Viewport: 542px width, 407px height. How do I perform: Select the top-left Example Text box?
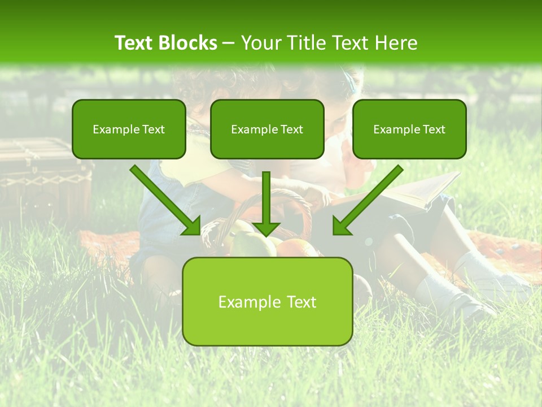click(129, 129)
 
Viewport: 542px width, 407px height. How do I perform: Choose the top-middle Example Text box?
click(267, 129)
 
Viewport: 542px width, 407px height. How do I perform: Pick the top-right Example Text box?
click(409, 129)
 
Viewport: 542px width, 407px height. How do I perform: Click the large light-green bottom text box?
click(267, 301)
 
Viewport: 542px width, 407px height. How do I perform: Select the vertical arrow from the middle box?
click(266, 203)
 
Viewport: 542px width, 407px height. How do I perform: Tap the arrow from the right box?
click(367, 201)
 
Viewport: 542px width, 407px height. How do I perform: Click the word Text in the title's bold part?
click(134, 43)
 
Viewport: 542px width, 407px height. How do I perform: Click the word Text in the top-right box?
click(434, 129)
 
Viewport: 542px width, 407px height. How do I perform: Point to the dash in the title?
click(229, 44)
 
